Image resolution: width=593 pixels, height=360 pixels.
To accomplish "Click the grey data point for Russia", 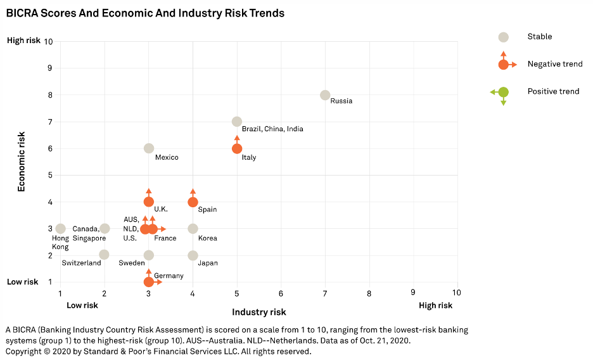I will tap(325, 95).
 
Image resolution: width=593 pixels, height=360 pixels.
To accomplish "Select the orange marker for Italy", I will tap(237, 148).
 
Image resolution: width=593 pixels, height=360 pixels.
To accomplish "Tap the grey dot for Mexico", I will tap(149, 148).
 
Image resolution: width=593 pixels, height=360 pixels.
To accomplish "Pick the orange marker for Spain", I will tap(193, 202).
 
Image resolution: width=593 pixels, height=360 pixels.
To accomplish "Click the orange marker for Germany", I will tap(149, 282).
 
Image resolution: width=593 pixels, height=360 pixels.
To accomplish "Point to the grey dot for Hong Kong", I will tap(60, 229).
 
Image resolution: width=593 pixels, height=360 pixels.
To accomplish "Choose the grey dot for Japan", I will tap(193, 255).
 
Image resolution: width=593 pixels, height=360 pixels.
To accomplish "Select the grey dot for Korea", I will tap(193, 229).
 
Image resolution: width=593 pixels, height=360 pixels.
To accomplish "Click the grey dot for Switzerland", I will tap(104, 255).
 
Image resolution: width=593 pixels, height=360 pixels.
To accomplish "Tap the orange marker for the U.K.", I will tap(149, 202).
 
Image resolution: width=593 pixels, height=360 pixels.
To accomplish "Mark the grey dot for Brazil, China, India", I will tap(237, 122).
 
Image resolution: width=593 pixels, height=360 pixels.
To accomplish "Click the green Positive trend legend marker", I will tap(503, 92).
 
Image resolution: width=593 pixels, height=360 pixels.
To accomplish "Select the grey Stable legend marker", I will tap(503, 37).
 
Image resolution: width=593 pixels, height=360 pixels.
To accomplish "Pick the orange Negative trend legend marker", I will tap(503, 65).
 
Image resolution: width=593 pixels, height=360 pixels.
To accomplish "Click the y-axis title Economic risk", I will tap(22, 162).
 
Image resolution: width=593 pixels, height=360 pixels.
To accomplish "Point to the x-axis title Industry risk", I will tap(258, 312).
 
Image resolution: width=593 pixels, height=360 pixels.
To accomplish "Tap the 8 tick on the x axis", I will tap(369, 293).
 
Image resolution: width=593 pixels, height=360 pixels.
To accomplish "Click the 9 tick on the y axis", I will tap(49, 68).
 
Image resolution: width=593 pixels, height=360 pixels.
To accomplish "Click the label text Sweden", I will tap(132, 263).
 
